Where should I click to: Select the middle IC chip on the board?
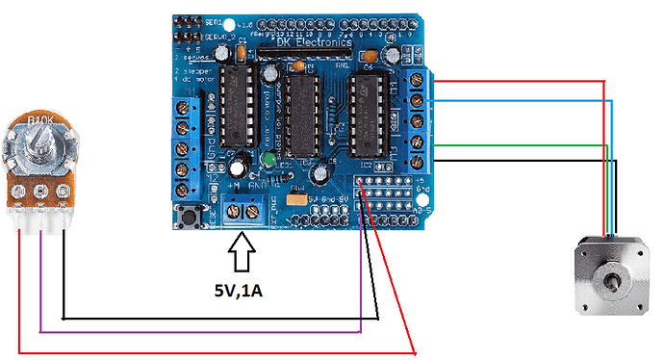coord(302,115)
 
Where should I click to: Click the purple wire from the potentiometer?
coord(192,332)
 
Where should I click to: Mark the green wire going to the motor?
coord(520,146)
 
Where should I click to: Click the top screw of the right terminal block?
coord(417,81)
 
